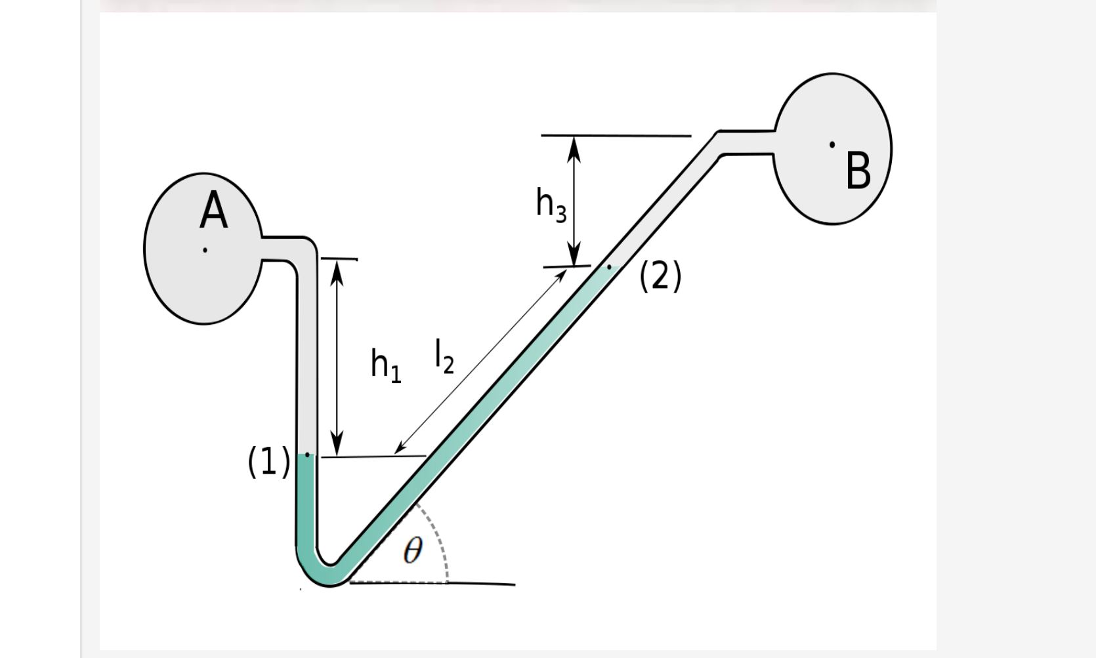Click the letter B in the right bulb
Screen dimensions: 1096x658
point(858,171)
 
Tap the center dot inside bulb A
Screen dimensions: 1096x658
point(205,250)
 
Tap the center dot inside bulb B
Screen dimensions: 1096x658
point(832,144)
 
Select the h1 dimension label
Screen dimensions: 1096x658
point(386,365)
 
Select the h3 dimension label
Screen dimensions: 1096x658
point(551,205)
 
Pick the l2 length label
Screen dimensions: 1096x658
point(444,357)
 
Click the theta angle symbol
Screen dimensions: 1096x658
point(413,550)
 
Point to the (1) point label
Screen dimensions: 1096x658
point(268,461)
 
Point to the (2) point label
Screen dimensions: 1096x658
point(660,276)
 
